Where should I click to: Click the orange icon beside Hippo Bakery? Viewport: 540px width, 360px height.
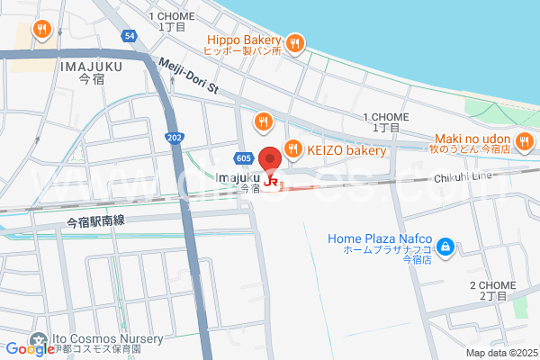[295, 42]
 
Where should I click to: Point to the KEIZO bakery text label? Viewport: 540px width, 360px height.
[346, 150]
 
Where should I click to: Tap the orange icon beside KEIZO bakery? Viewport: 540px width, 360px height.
[292, 148]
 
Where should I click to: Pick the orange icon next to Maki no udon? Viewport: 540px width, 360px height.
[524, 141]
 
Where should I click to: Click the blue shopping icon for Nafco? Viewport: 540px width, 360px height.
[445, 244]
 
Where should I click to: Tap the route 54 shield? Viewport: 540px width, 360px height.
[130, 35]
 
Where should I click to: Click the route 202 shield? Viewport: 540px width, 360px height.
[174, 136]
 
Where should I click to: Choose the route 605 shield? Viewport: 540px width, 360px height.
[243, 158]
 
